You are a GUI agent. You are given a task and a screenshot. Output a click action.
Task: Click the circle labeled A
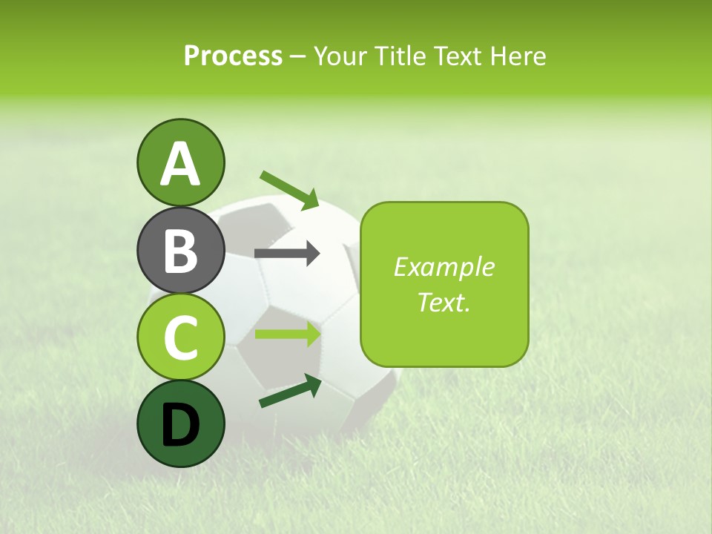[181, 162]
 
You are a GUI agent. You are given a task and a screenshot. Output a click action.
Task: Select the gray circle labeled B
[181, 250]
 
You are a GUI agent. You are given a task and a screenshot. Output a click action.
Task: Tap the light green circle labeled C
[181, 337]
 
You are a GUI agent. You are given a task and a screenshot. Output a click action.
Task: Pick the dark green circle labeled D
[181, 423]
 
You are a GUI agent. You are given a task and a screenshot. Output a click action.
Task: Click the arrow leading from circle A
[289, 189]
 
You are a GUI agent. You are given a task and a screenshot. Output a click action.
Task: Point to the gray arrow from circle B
[287, 254]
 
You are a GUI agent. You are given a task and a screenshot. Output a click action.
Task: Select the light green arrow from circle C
[288, 334]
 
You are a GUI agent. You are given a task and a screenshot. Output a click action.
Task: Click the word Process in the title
[233, 56]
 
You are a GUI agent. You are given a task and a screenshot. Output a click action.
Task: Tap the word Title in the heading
[401, 56]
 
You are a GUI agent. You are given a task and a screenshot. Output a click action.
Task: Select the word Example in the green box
[444, 267]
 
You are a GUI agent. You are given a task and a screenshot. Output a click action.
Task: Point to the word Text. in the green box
[444, 303]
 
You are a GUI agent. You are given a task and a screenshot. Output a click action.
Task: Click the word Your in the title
[341, 56]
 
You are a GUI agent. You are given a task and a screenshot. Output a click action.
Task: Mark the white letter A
[181, 164]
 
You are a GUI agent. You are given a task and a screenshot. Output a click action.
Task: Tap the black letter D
[181, 424]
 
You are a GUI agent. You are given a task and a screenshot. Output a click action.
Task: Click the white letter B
[181, 251]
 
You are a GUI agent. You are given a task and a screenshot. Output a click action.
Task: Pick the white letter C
[181, 337]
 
